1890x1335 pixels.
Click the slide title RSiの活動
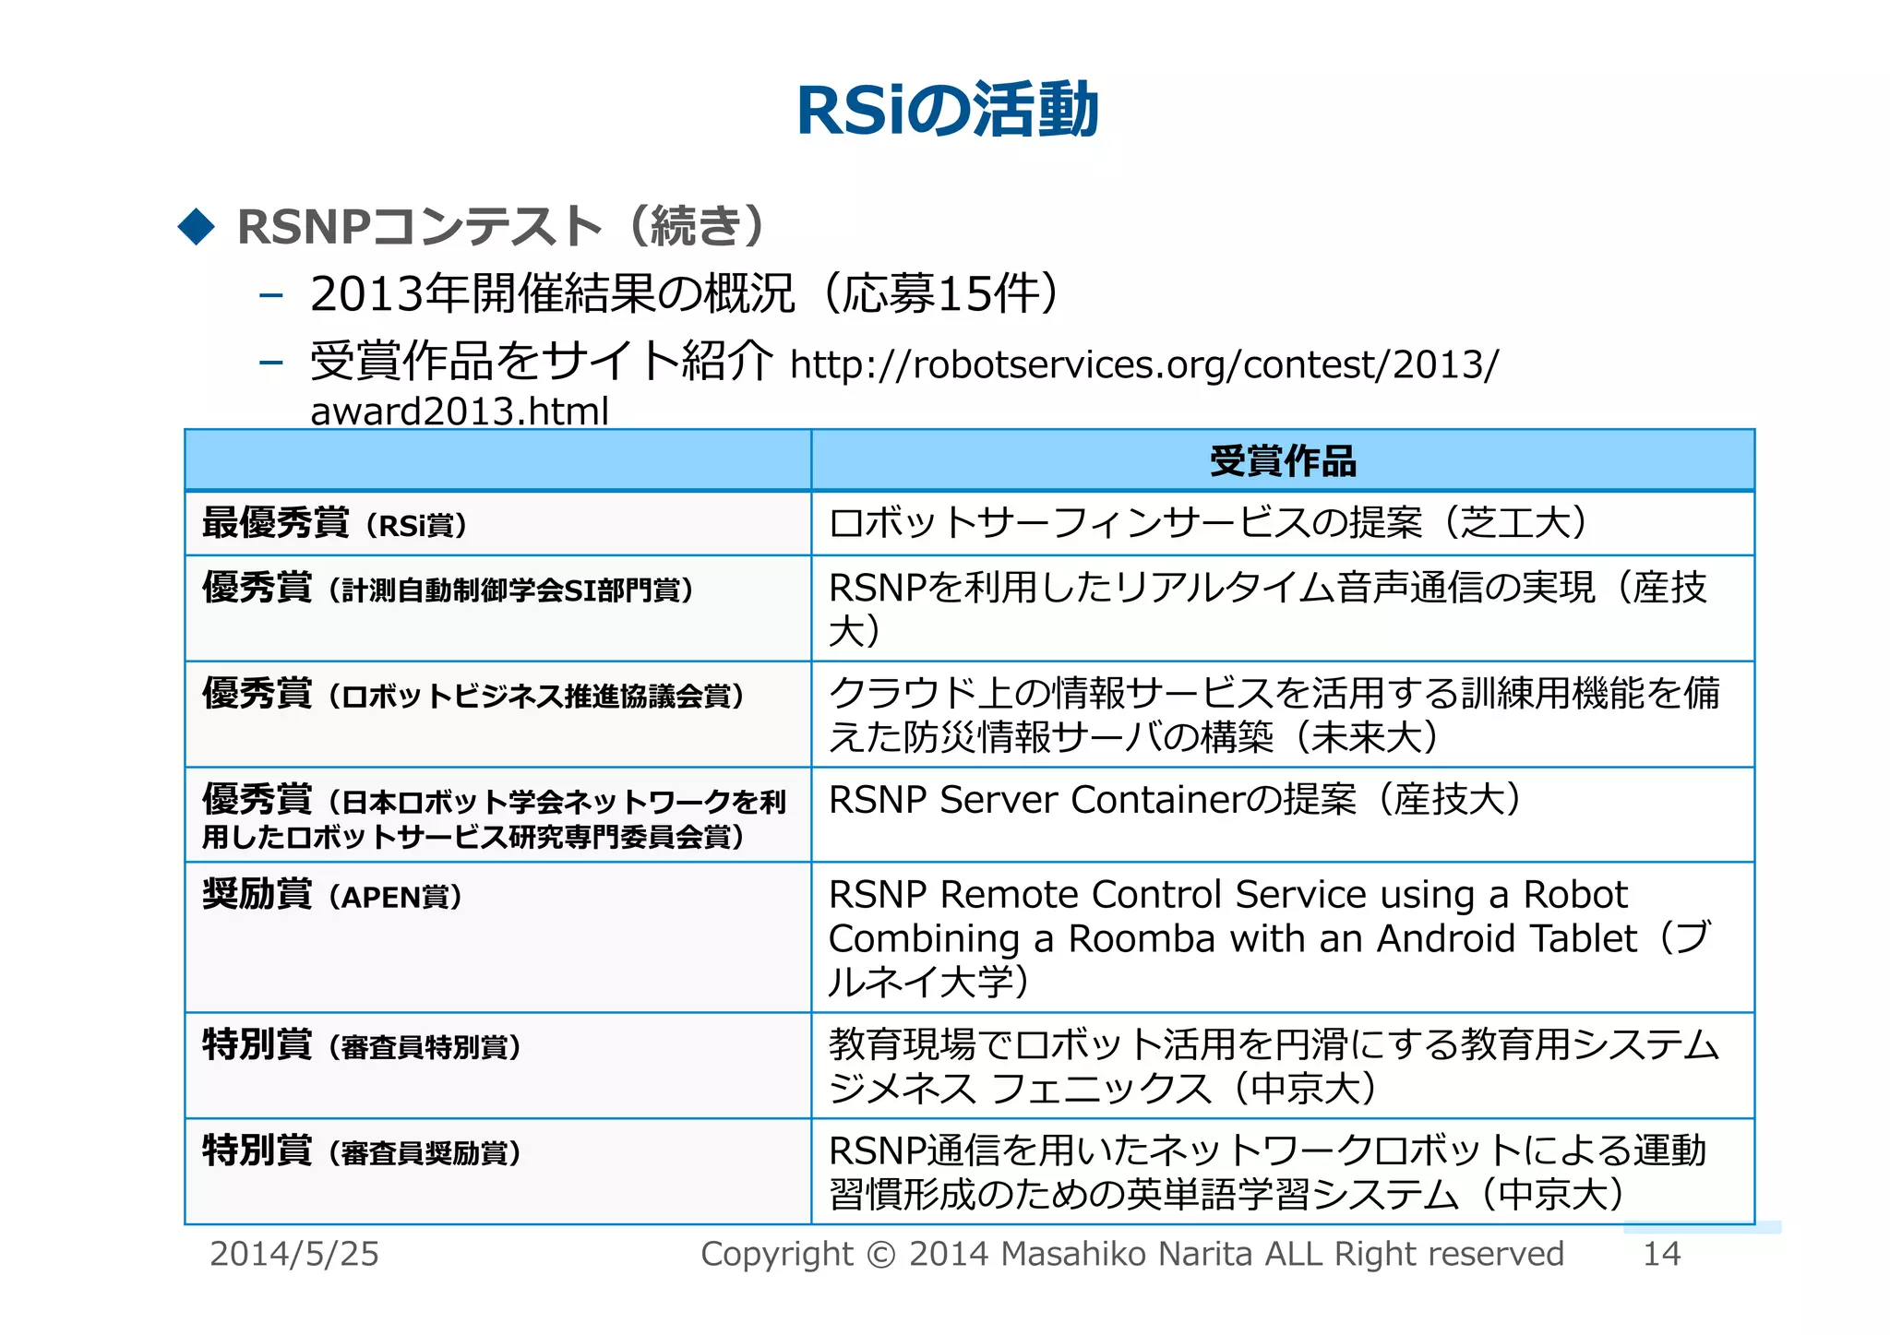pos(947,111)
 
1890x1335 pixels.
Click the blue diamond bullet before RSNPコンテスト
pos(197,227)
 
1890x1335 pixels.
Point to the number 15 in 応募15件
pos(963,294)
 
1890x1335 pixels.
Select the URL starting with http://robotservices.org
pos(1144,365)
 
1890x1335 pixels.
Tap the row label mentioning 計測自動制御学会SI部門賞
pos(449,589)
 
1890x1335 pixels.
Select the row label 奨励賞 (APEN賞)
pos(332,895)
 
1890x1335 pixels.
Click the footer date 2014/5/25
pos(294,1255)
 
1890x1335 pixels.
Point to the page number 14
pos(1662,1255)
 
